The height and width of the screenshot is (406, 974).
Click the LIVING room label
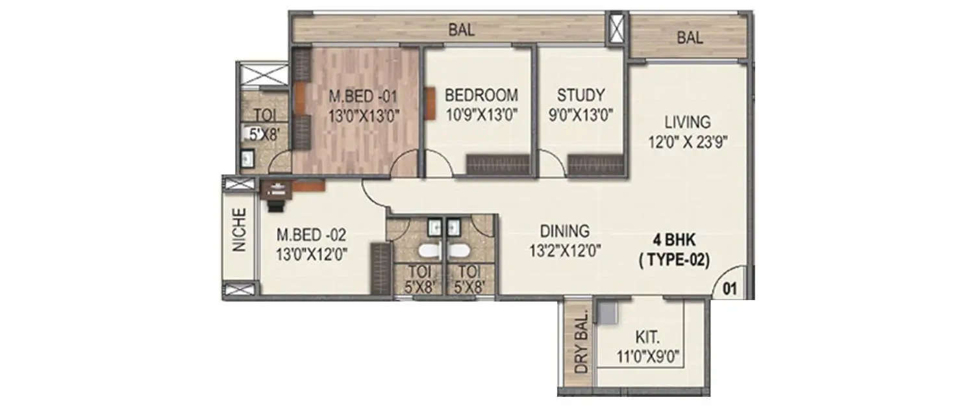click(x=687, y=121)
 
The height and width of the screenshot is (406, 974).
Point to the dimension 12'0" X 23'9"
click(x=688, y=141)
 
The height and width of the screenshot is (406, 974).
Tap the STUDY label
click(x=581, y=95)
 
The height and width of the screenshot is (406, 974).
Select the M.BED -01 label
click(x=363, y=96)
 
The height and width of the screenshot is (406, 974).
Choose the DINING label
click(x=564, y=231)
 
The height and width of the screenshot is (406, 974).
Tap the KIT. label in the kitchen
click(x=647, y=338)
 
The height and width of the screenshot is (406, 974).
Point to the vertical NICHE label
click(x=240, y=230)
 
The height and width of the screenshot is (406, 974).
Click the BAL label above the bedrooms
click(x=461, y=29)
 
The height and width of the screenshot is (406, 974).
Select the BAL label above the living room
click(x=690, y=38)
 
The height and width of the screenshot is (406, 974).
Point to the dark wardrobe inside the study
click(x=595, y=165)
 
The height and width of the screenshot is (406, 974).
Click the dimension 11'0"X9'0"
click(x=647, y=356)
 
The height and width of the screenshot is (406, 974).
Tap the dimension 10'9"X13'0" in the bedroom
click(x=481, y=115)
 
